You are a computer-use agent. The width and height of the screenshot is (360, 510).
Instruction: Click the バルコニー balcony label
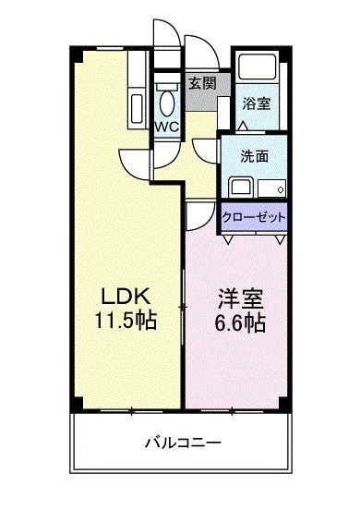(181, 442)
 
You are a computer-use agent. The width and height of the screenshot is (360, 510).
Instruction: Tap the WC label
(167, 126)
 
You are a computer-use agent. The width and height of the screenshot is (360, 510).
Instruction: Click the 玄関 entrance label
(202, 82)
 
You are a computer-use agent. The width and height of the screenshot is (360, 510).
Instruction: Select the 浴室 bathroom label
(256, 103)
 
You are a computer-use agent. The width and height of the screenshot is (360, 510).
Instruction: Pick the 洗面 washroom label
(255, 156)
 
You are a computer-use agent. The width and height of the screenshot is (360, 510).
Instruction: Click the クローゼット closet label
(254, 218)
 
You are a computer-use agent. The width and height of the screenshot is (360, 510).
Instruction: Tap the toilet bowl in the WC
(167, 100)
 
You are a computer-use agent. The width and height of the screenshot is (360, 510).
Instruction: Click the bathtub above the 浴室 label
(256, 69)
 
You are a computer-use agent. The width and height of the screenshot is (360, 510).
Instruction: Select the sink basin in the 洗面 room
(239, 188)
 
